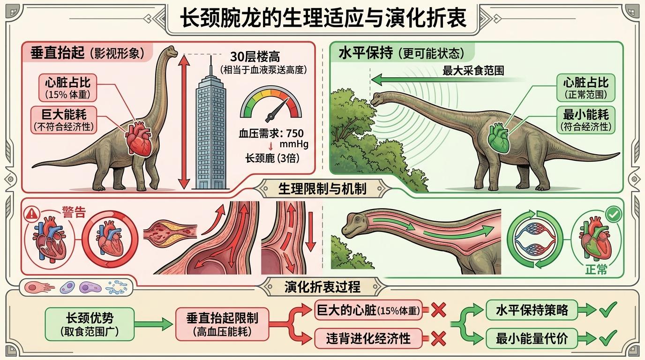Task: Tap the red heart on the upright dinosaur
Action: pos(139,140)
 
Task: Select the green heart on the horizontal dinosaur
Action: pos(498,139)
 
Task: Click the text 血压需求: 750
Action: pos(271,133)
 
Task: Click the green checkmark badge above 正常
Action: pos(613,215)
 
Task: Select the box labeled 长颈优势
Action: pos(90,324)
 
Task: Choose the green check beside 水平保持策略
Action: pos(607,310)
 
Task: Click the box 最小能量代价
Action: pos(532,337)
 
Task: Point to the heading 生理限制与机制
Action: pos(322,189)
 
